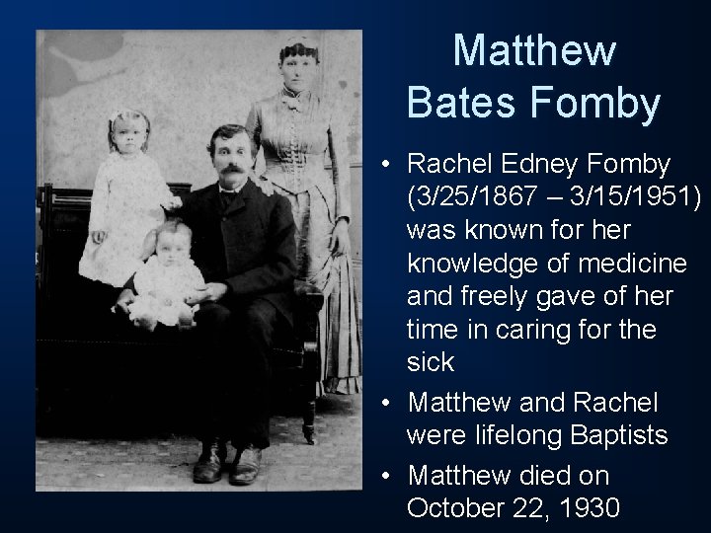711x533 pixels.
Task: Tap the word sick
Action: click(431, 362)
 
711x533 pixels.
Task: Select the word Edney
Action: click(539, 163)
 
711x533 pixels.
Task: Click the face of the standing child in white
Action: click(130, 135)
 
